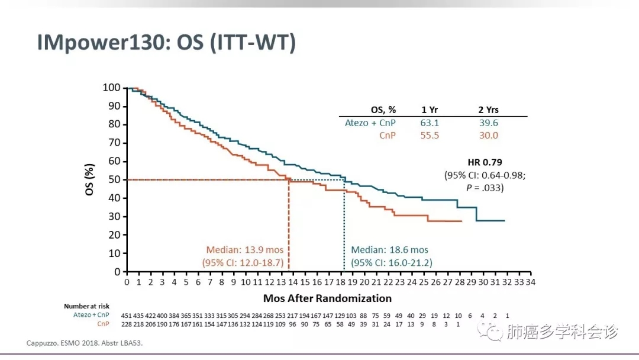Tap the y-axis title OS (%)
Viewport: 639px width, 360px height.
89,179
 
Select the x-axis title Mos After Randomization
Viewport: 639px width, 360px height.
327,298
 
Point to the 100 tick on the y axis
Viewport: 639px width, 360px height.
112,88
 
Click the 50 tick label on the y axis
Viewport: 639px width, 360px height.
114,179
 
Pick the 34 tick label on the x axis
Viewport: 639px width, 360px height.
530,282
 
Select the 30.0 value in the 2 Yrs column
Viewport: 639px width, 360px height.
488,136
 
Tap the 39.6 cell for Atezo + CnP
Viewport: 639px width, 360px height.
488,123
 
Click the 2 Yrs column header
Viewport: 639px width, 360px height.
488,110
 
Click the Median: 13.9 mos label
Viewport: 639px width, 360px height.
244,250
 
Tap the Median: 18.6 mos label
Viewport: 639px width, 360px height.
389,250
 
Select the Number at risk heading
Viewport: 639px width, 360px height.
86,306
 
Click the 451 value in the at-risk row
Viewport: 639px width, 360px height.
127,315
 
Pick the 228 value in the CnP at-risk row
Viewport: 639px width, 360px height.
127,324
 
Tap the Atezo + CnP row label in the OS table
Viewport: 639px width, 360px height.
370,123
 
